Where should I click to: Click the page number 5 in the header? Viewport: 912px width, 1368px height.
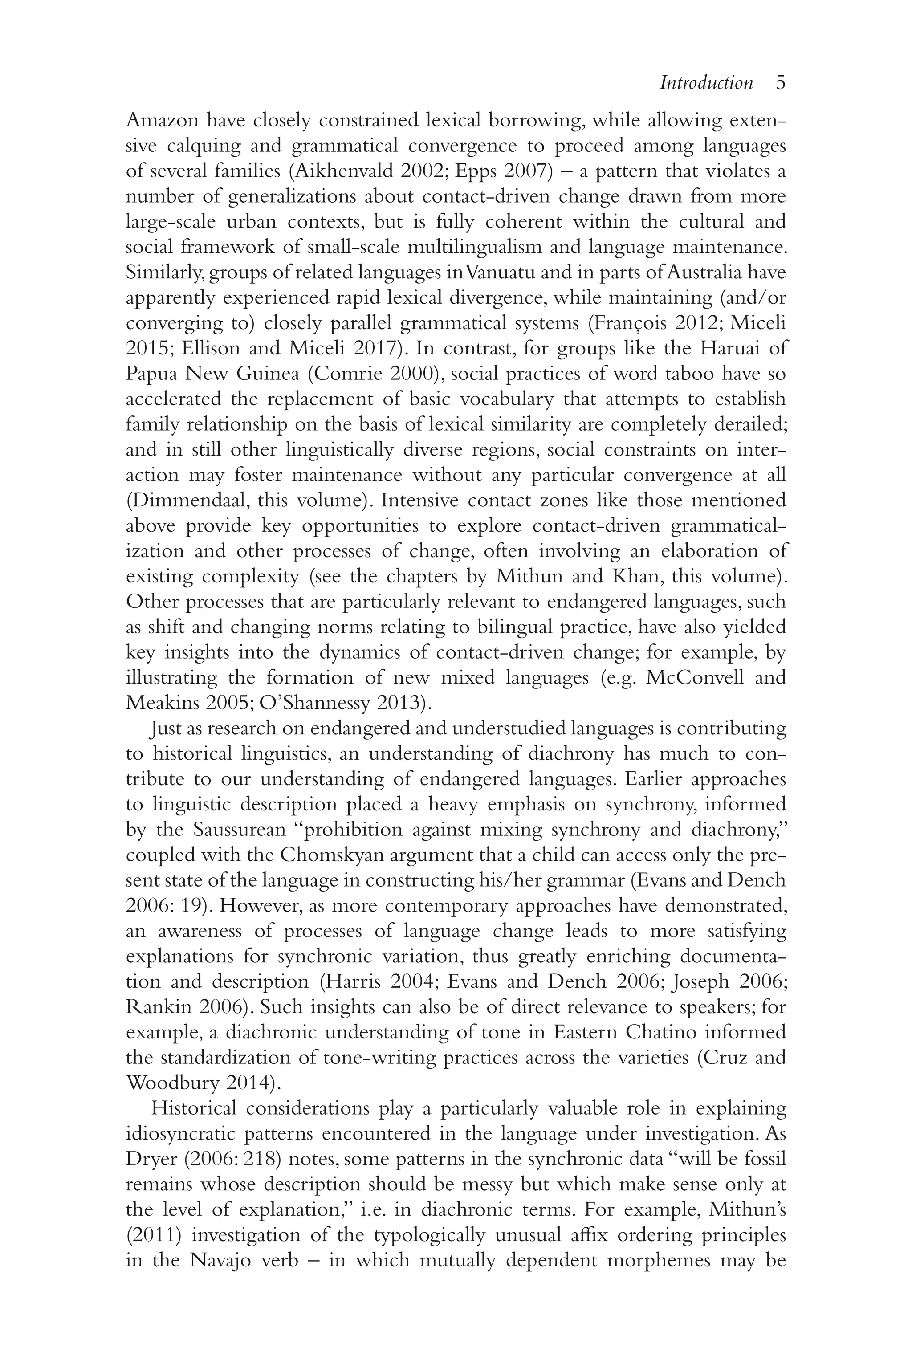[781, 83]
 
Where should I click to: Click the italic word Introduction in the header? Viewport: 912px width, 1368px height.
[706, 83]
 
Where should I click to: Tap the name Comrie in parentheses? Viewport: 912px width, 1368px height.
[346, 374]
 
